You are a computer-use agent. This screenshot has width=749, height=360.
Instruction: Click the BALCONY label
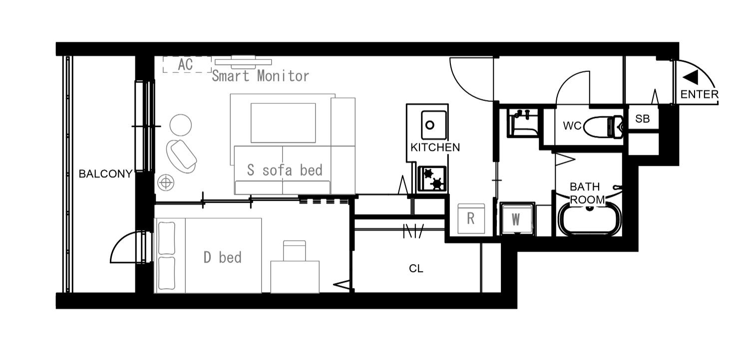point(106,174)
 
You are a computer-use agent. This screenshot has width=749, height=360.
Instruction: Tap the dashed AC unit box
point(187,64)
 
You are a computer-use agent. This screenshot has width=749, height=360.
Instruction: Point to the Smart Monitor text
point(261,76)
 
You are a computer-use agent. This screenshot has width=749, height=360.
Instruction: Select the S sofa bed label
point(285,170)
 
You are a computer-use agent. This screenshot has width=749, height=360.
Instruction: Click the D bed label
point(222,257)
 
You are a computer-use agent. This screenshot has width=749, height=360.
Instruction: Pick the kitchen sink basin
point(434,125)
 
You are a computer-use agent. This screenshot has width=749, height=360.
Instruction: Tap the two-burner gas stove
point(432,179)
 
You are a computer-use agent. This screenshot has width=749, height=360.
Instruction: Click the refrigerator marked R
point(471,219)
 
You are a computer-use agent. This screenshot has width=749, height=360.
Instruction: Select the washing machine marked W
point(517,219)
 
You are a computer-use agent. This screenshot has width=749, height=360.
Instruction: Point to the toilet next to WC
point(603,127)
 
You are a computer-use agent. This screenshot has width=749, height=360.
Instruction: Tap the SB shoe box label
point(642,119)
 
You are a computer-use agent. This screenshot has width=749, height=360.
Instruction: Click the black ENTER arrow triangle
point(690,77)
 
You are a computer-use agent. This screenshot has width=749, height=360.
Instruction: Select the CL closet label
point(416,269)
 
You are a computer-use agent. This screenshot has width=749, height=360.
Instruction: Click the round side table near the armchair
point(181,125)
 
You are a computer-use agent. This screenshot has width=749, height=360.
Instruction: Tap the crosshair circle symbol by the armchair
point(166,183)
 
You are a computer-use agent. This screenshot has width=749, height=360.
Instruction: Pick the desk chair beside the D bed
point(294,251)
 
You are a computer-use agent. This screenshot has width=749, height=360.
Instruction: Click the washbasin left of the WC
point(523,123)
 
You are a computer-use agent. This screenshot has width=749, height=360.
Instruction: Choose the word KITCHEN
point(435,147)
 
